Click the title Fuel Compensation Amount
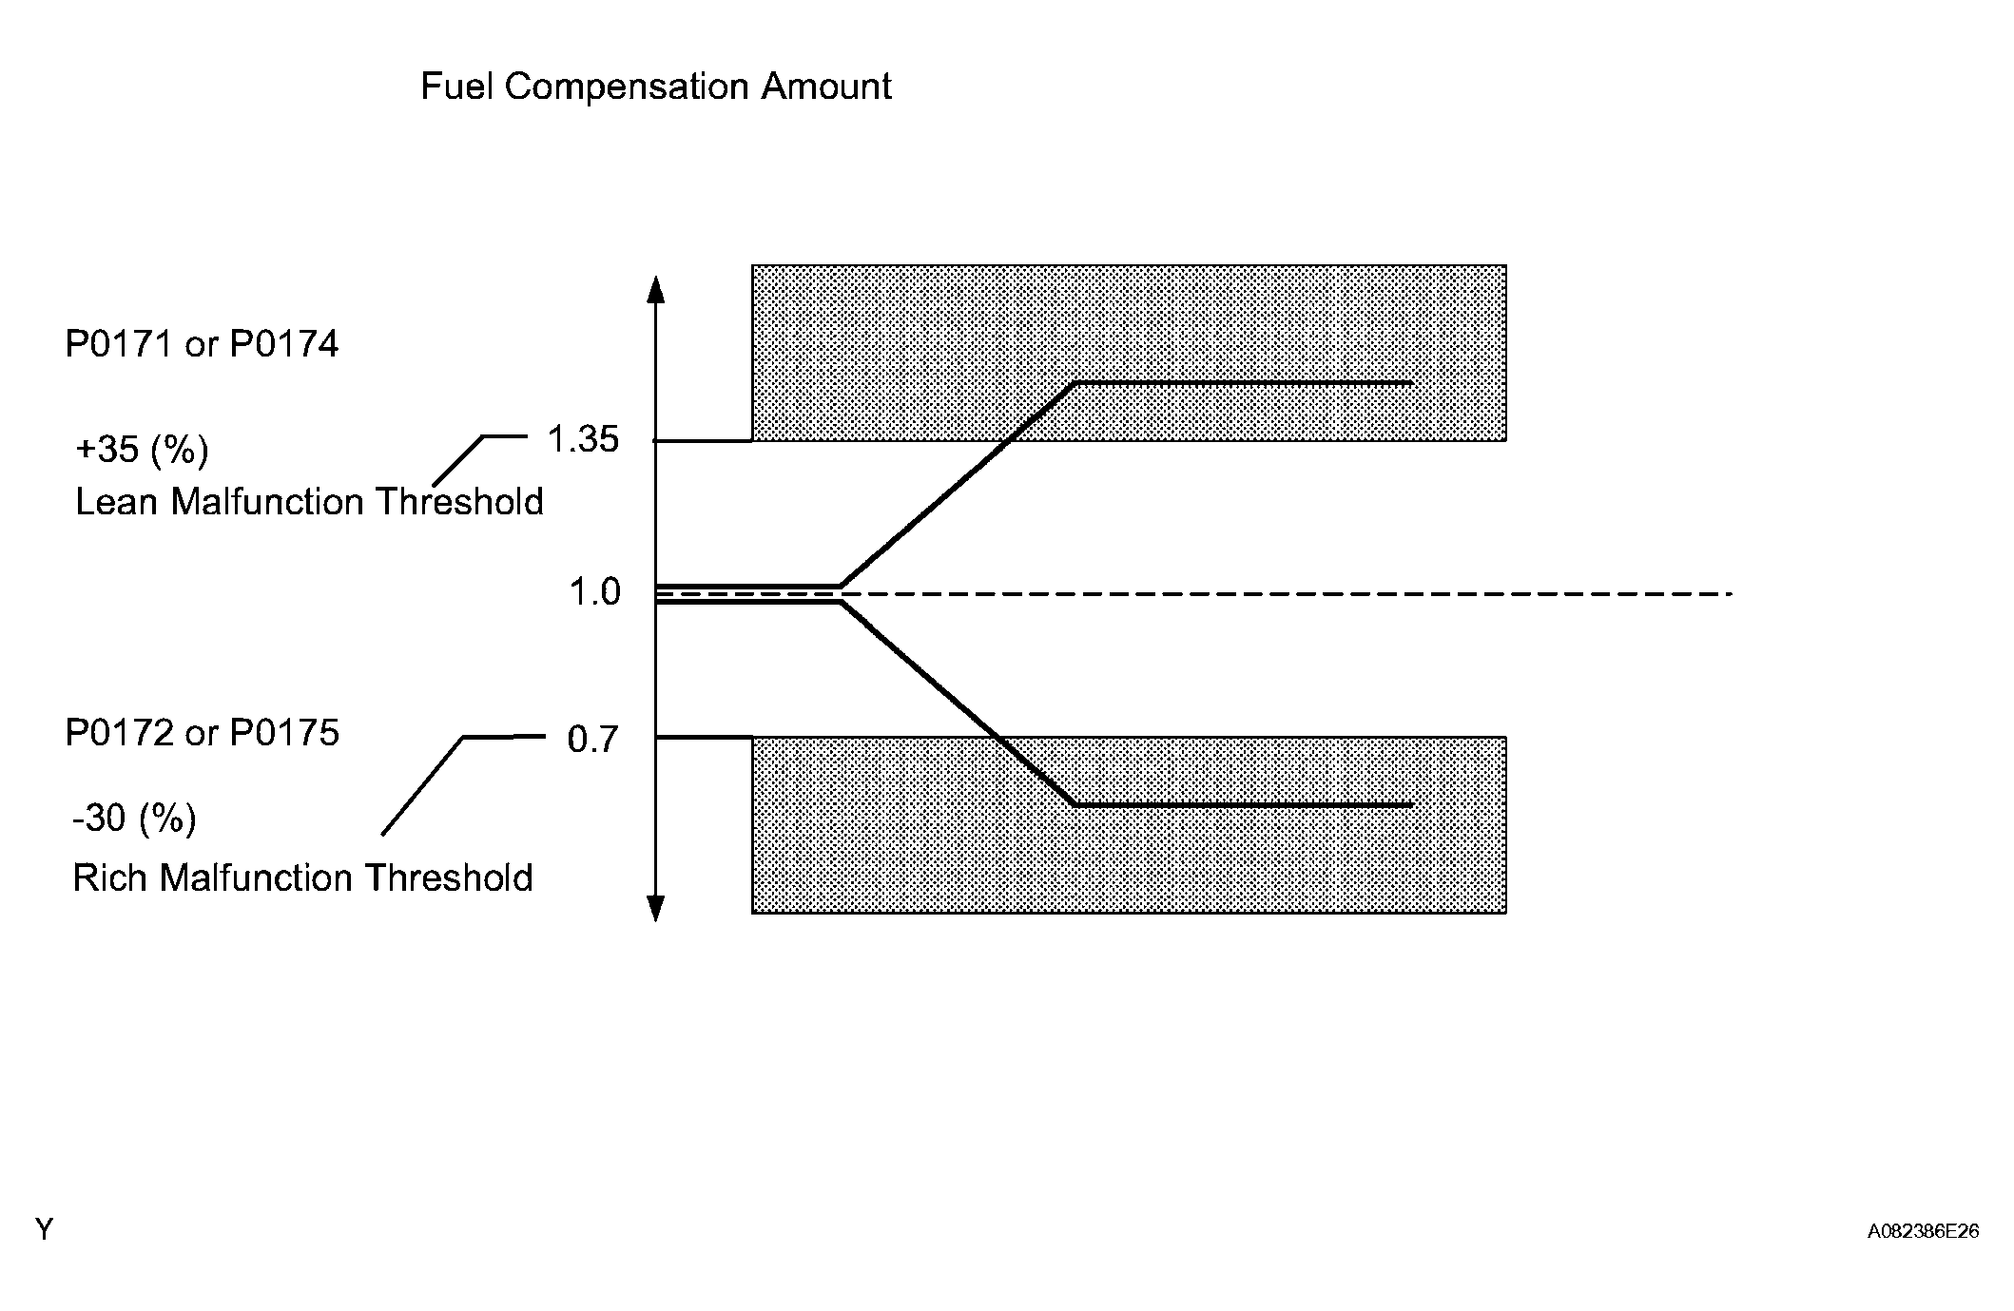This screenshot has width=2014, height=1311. (x=655, y=87)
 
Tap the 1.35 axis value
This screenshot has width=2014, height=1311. (x=582, y=440)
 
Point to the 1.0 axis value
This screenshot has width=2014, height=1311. (x=594, y=592)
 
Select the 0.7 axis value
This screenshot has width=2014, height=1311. (x=592, y=739)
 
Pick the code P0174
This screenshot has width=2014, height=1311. (x=284, y=344)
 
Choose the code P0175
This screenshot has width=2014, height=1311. (x=284, y=733)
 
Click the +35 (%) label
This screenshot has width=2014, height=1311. (x=142, y=450)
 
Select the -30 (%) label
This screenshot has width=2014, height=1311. (x=134, y=818)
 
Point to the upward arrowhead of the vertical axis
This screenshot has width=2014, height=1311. (x=655, y=287)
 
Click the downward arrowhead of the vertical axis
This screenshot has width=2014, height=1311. (x=655, y=909)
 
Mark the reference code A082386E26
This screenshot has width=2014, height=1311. (x=1923, y=1231)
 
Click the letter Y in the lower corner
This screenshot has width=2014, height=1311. (x=44, y=1230)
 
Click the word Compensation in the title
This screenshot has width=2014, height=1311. (x=628, y=87)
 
